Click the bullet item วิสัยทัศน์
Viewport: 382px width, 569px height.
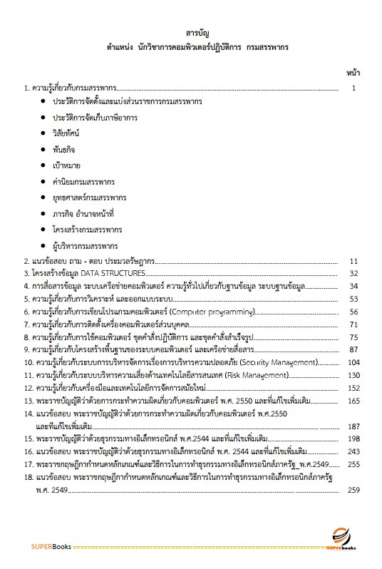click(69, 133)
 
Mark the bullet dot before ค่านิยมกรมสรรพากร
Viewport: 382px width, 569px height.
click(44, 182)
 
